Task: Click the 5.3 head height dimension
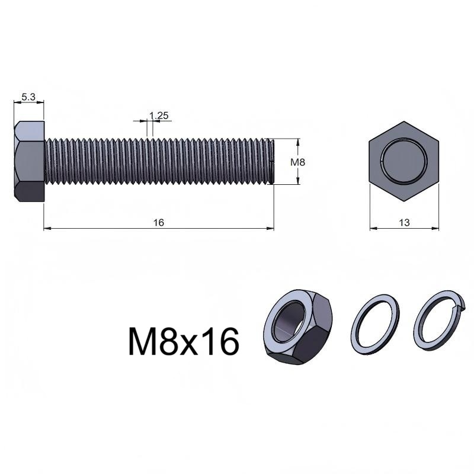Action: (x=28, y=97)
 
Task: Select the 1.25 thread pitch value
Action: (x=159, y=116)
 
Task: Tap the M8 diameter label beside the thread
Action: (x=298, y=162)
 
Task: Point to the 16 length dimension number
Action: (x=159, y=223)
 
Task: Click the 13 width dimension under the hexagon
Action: (x=404, y=223)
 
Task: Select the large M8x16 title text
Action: (x=184, y=342)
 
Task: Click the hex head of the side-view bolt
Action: (x=29, y=161)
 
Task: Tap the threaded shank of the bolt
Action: (x=159, y=161)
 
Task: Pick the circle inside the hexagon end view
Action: (x=404, y=161)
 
